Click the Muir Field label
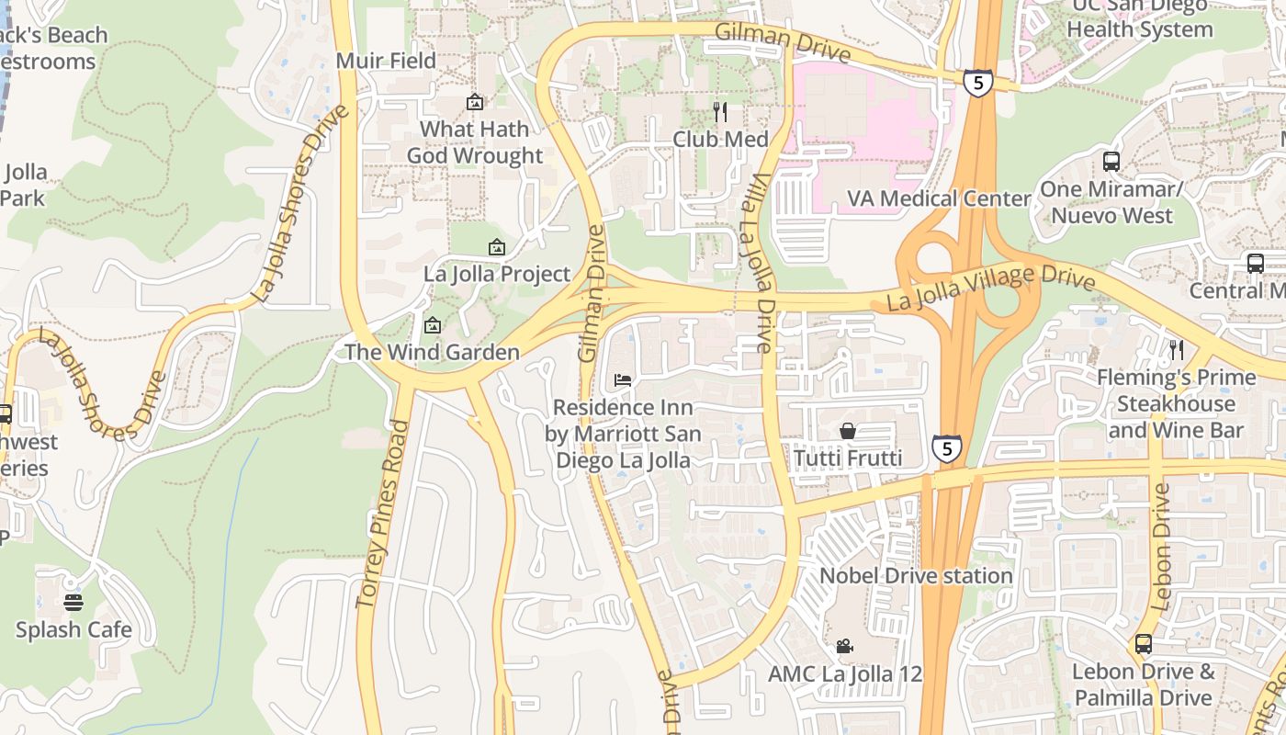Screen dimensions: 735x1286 (x=386, y=61)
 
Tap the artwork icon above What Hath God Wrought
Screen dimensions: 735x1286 (x=475, y=102)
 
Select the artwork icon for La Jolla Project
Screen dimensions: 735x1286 (x=497, y=247)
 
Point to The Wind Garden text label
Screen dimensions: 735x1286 (x=432, y=352)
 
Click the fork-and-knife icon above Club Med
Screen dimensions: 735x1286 (x=720, y=112)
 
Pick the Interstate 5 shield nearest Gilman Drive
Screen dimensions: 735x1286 (x=978, y=83)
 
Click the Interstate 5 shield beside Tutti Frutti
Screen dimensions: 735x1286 (x=947, y=447)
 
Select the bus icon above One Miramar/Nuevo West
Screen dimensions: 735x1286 (x=1111, y=162)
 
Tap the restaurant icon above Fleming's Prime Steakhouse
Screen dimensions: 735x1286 (x=1176, y=350)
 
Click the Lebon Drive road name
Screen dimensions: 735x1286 (x=1161, y=547)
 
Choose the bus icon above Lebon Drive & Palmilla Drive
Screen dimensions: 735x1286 (x=1144, y=644)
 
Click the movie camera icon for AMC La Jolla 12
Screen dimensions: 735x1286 (x=845, y=647)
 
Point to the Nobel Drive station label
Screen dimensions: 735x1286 (x=916, y=576)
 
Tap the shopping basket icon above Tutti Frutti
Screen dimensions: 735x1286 (x=848, y=431)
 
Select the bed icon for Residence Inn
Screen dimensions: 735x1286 (x=623, y=380)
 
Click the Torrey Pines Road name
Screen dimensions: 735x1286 (x=382, y=514)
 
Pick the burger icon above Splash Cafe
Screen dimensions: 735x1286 (x=73, y=603)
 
